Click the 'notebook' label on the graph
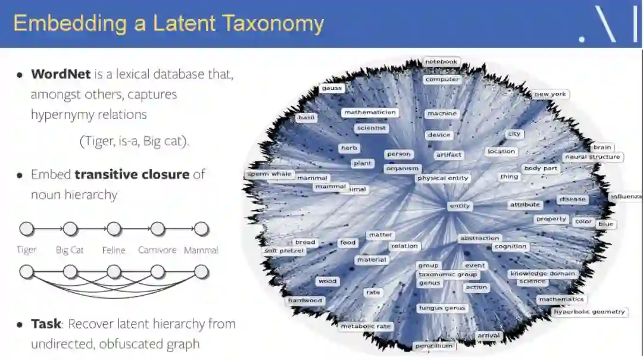441,61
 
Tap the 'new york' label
550,94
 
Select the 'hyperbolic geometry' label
589,312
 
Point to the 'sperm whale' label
270,174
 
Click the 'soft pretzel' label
284,251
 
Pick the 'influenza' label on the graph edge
626,196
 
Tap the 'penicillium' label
435,346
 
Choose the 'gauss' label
332,88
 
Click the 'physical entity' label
443,178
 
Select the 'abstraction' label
479,238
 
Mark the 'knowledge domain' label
542,274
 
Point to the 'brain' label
602,147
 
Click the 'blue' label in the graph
605,224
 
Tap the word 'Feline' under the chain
114,251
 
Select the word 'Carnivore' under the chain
157,251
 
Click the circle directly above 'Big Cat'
70,229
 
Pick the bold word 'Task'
46,324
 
